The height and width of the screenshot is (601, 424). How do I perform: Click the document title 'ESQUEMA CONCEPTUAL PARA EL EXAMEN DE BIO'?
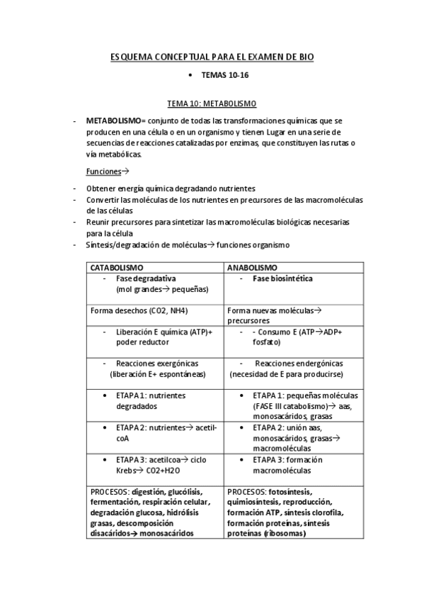pos(212,56)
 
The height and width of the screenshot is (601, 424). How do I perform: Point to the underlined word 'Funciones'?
pos(103,172)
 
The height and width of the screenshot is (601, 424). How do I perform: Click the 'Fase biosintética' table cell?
pos(282,279)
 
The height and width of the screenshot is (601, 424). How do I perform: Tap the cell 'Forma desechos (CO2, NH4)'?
pos(139,310)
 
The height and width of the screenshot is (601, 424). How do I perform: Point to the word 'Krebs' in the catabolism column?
pos(128,471)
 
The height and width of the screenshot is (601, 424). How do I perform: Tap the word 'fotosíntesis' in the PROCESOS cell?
pos(290,492)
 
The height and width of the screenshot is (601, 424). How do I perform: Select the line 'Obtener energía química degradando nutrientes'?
pos(170,189)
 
